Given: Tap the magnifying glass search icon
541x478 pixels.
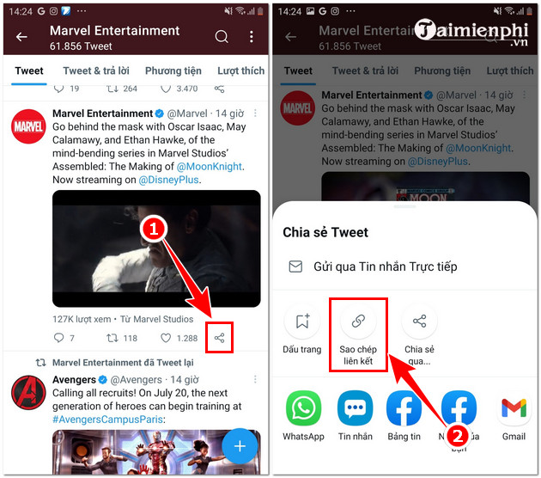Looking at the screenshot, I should point(222,37).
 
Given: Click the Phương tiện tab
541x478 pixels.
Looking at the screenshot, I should point(173,70).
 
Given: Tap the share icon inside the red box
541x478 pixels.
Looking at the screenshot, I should point(220,338).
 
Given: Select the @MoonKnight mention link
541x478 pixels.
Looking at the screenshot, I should point(210,167).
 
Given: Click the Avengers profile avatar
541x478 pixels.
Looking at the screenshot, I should point(28,392).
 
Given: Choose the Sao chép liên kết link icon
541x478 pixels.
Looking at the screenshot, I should point(358,322).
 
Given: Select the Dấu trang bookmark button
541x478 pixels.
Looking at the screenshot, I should point(301,322).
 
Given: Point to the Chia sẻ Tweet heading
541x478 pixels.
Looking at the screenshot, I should point(325,232).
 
